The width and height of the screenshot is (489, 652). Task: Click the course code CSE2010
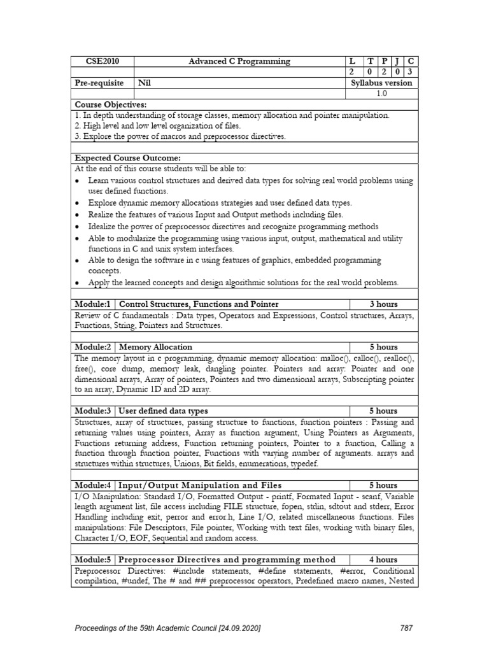click(102, 62)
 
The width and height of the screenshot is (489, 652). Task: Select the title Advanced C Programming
click(239, 62)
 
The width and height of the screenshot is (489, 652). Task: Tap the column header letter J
click(396, 62)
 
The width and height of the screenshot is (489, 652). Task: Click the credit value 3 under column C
click(410, 73)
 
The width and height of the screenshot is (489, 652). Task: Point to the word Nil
click(146, 83)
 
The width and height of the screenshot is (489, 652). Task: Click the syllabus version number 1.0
click(381, 94)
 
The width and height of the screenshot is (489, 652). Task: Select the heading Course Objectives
click(110, 104)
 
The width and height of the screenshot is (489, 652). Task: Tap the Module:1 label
click(93, 304)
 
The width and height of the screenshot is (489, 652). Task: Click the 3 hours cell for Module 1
click(383, 304)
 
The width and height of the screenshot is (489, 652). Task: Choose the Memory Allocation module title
click(155, 347)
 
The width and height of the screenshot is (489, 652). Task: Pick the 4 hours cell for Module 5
click(383, 560)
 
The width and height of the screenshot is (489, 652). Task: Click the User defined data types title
click(164, 411)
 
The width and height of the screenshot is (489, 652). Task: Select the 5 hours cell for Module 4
click(383, 485)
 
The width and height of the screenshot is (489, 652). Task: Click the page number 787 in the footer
click(407, 628)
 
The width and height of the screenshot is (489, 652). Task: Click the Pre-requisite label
click(102, 83)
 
